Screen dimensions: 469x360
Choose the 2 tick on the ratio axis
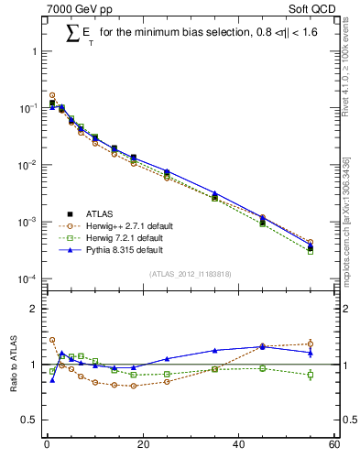click(33, 309)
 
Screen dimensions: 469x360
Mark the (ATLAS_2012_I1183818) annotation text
click(191, 274)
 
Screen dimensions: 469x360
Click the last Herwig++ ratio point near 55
click(311, 344)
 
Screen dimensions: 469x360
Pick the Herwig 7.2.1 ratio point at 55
click(311, 375)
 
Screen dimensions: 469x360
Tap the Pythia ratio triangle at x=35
click(214, 351)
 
